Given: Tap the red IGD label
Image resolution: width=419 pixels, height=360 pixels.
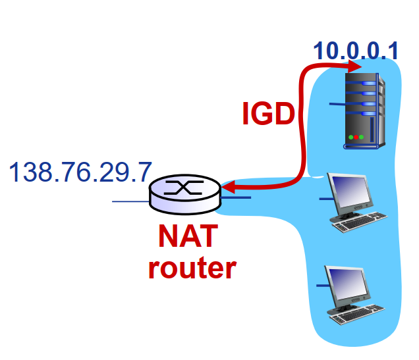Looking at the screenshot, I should pyautogui.click(x=267, y=114).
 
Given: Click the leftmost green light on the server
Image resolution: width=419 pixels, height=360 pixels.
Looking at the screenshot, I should pyautogui.click(x=350, y=137).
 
